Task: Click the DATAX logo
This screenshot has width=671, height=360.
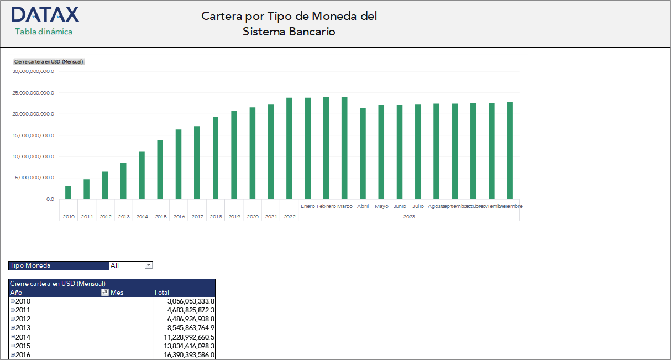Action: tap(45, 14)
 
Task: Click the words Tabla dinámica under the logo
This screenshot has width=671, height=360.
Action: tap(44, 32)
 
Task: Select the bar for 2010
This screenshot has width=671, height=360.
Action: tap(68, 192)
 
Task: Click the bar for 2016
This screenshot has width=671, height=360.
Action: tap(179, 164)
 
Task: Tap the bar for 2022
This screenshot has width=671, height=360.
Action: tap(289, 148)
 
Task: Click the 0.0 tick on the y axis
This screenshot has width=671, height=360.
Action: tap(50, 199)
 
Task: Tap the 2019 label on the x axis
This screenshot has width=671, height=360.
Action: tap(234, 217)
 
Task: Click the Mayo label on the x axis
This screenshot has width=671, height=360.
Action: tap(381, 206)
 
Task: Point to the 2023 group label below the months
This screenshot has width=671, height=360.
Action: tap(409, 217)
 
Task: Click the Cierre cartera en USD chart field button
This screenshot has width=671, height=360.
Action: tap(49, 62)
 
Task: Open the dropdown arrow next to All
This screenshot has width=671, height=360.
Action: tap(148, 265)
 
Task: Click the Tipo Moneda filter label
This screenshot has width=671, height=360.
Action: tap(30, 265)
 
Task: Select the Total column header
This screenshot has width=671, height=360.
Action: tap(161, 293)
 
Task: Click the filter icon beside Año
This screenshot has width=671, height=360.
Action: tap(105, 293)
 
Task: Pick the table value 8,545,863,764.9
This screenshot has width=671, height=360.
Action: tap(191, 328)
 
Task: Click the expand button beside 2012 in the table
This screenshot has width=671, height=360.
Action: tap(13, 319)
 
